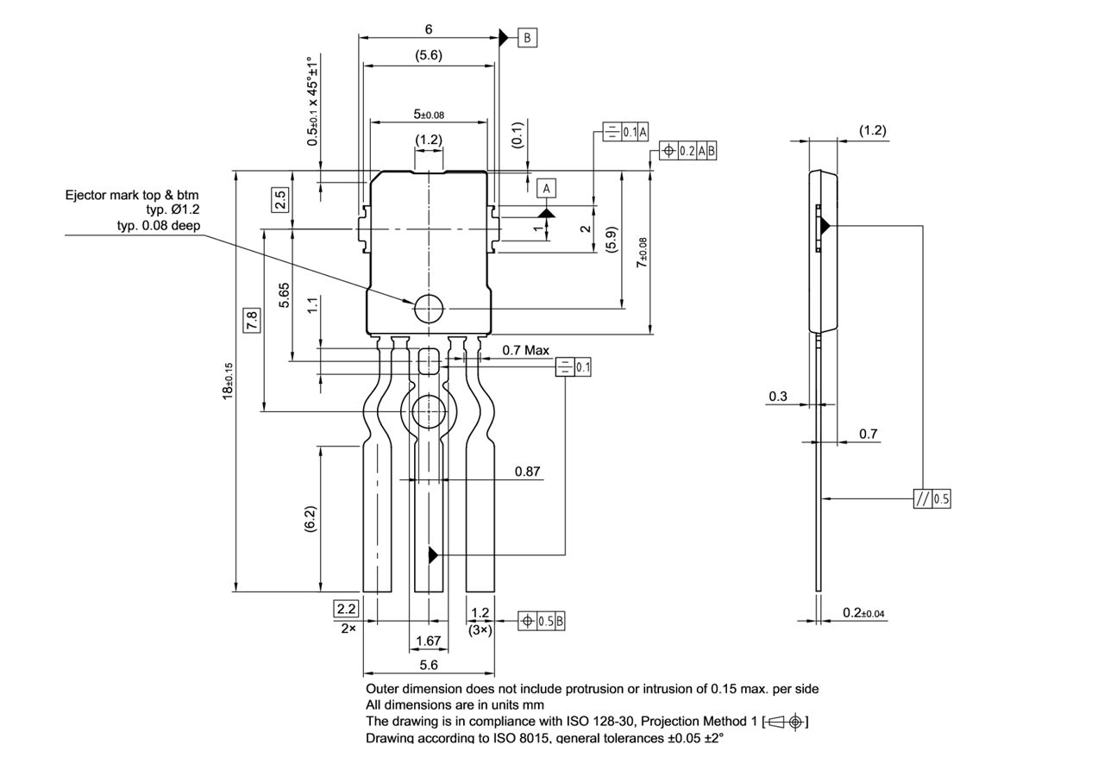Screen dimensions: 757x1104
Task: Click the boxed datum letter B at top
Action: click(527, 38)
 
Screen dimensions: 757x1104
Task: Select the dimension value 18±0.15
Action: click(228, 380)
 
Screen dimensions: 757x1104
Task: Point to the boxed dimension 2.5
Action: click(280, 200)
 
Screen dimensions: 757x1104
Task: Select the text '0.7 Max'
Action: click(525, 350)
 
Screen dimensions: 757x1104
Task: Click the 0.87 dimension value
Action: click(527, 472)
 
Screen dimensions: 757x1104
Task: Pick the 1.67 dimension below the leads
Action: click(428, 641)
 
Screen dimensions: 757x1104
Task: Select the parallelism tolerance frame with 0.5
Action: click(931, 498)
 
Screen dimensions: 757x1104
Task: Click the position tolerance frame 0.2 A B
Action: click(688, 151)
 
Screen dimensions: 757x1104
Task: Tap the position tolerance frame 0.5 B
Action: click(542, 621)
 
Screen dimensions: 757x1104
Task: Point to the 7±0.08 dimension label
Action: click(642, 252)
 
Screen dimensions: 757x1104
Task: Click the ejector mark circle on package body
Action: click(428, 308)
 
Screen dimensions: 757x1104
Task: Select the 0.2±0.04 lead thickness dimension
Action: click(863, 613)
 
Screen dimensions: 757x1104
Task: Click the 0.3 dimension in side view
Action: click(777, 397)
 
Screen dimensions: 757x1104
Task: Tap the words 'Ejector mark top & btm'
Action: click(132, 195)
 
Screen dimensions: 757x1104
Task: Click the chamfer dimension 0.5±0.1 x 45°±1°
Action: click(314, 101)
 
